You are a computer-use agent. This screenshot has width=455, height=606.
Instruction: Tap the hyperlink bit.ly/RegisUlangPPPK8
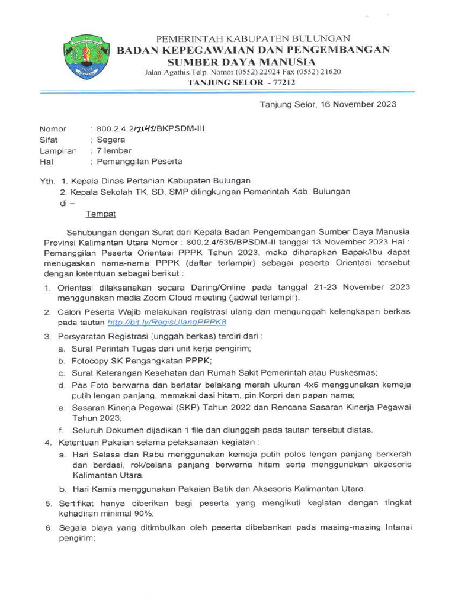[166, 323]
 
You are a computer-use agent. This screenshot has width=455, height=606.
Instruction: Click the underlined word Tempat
[101, 214]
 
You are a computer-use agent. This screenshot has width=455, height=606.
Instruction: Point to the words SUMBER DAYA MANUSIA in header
[241, 62]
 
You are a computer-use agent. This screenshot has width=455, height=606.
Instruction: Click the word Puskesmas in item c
[355, 373]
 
